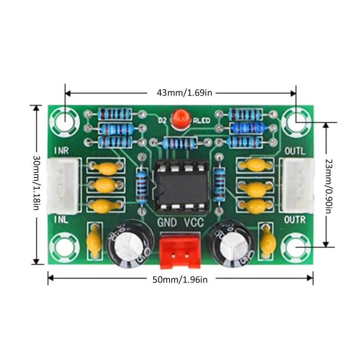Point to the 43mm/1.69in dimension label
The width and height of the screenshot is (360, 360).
coord(185,93)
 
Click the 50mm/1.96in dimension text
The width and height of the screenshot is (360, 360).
coord(180,279)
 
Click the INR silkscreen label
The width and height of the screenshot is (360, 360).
coord(62,151)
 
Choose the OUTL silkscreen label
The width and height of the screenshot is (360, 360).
coord(295,151)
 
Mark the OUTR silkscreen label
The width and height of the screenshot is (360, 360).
coord(295,220)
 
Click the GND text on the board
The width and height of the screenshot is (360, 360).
coord(167,223)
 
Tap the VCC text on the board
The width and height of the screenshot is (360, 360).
coord(194,223)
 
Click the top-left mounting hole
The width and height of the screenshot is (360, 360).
coord(65,121)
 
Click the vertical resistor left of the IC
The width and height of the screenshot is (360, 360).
coord(142,186)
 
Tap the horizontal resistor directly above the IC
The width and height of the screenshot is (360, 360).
coord(180,143)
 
